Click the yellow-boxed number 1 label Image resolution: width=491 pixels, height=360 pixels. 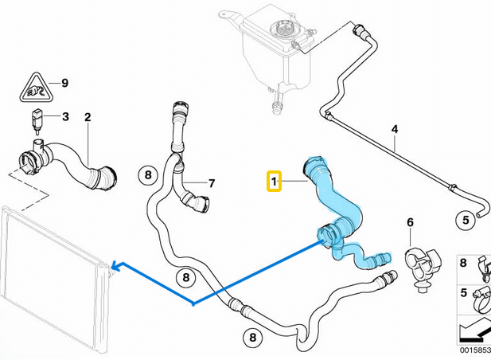273,182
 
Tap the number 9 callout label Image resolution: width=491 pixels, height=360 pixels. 64,83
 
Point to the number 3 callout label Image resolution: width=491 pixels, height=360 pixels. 65,117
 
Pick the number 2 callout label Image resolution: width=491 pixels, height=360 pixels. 88,117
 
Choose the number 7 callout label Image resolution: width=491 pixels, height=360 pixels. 212,183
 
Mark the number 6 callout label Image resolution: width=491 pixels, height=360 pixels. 410,222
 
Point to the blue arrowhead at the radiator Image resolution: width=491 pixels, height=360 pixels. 114,266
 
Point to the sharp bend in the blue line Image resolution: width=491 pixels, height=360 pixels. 194,304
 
